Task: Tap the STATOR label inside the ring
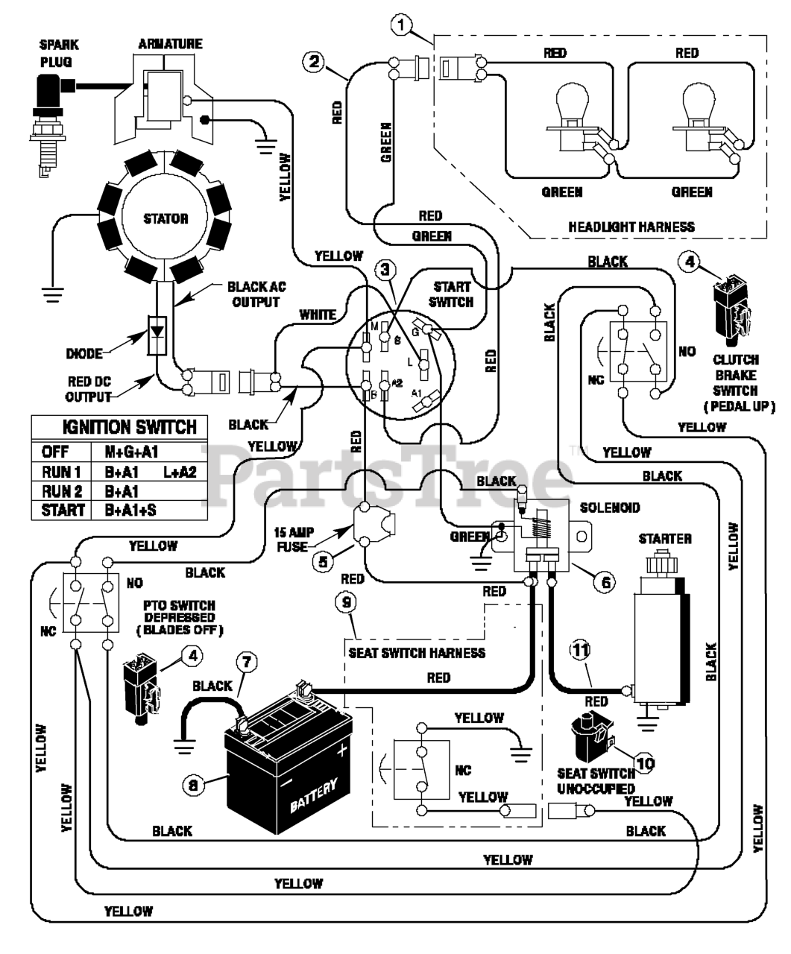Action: tap(166, 219)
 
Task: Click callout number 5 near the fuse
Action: tap(322, 562)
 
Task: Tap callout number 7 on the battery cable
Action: tap(248, 661)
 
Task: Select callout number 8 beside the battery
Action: tap(194, 784)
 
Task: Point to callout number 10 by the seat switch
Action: tap(644, 762)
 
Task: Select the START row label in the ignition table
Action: tap(55, 511)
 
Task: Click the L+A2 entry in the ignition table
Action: tap(179, 472)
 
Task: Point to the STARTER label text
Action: tap(665, 538)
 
